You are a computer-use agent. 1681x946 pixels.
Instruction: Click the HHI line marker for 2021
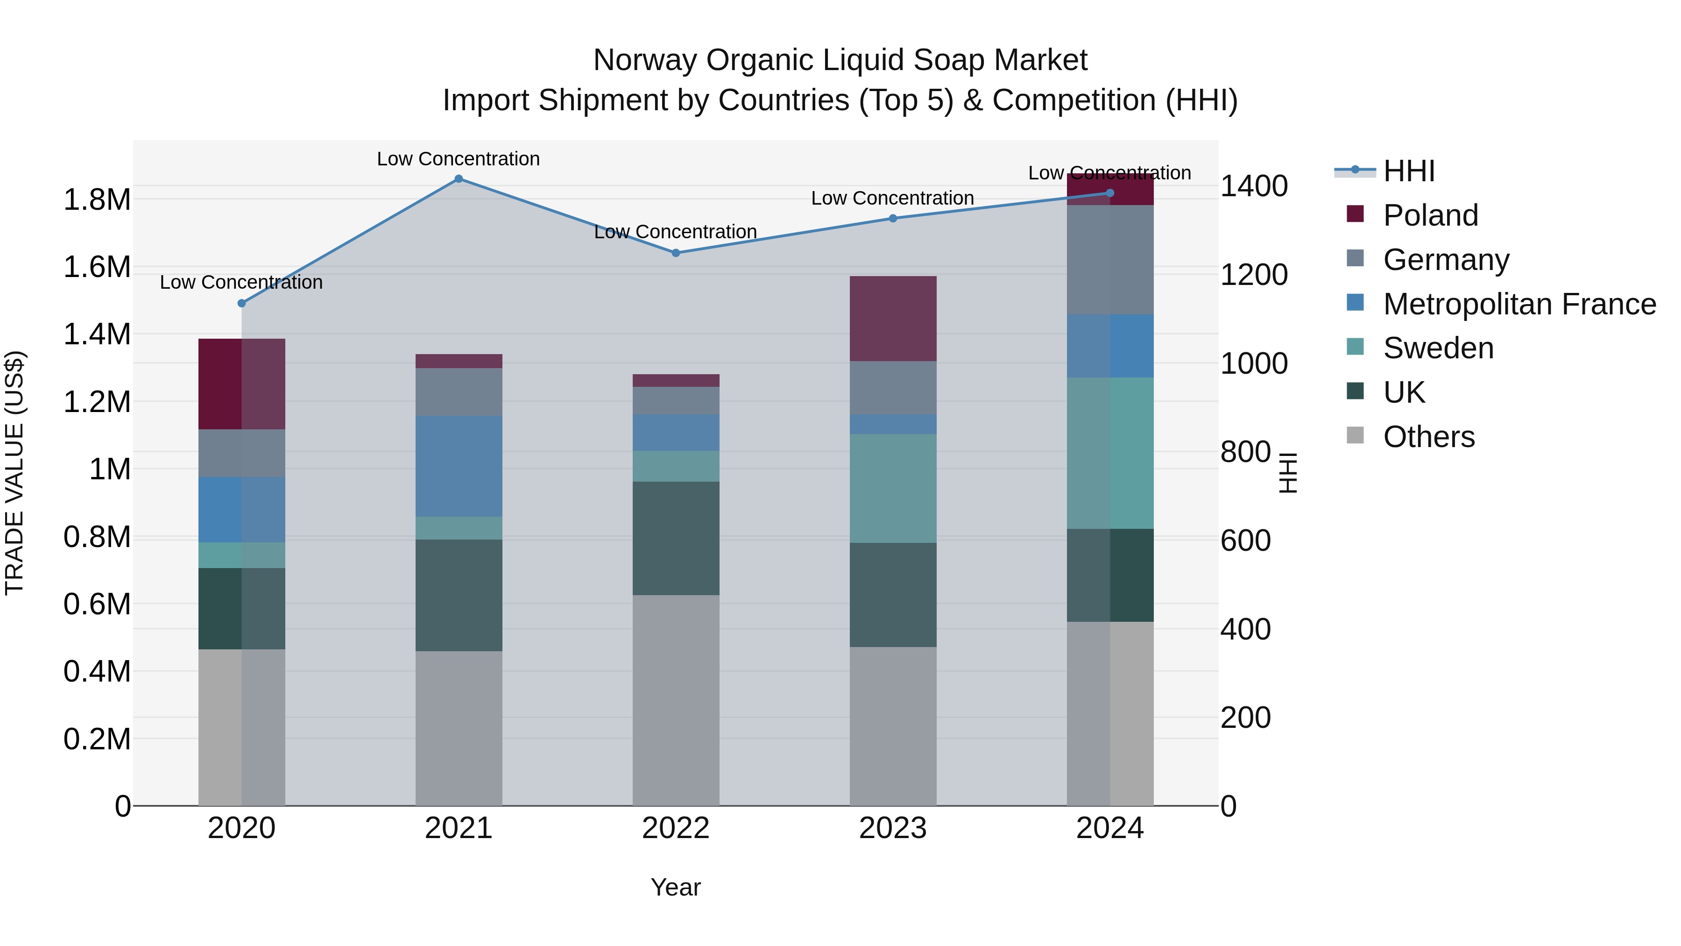click(x=459, y=179)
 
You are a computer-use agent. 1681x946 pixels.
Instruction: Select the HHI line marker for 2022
click(x=676, y=253)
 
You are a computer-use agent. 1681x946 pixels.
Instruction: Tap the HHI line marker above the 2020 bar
click(x=241, y=303)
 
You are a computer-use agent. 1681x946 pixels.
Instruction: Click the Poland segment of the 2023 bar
click(x=893, y=319)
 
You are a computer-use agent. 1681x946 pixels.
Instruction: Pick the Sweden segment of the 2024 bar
click(x=1110, y=453)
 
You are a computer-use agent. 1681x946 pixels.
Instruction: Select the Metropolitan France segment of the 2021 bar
click(x=459, y=466)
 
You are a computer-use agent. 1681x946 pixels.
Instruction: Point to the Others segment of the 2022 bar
click(x=676, y=700)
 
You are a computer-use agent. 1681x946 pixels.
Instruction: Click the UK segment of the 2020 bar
click(x=241, y=608)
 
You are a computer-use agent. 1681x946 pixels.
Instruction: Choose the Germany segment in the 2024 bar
click(x=1110, y=260)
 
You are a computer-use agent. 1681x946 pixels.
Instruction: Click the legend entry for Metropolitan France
click(x=1519, y=304)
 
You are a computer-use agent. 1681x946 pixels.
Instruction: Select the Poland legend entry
click(x=1430, y=215)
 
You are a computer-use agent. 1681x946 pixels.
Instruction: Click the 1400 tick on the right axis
click(x=1254, y=186)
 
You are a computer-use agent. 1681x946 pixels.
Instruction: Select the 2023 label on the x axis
click(x=893, y=828)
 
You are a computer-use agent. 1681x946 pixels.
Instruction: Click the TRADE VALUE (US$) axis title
click(x=15, y=473)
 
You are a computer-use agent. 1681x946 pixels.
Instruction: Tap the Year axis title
click(x=675, y=887)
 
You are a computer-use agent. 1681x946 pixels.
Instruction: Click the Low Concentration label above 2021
click(x=458, y=159)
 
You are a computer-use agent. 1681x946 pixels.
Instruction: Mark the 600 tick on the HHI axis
click(x=1245, y=541)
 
